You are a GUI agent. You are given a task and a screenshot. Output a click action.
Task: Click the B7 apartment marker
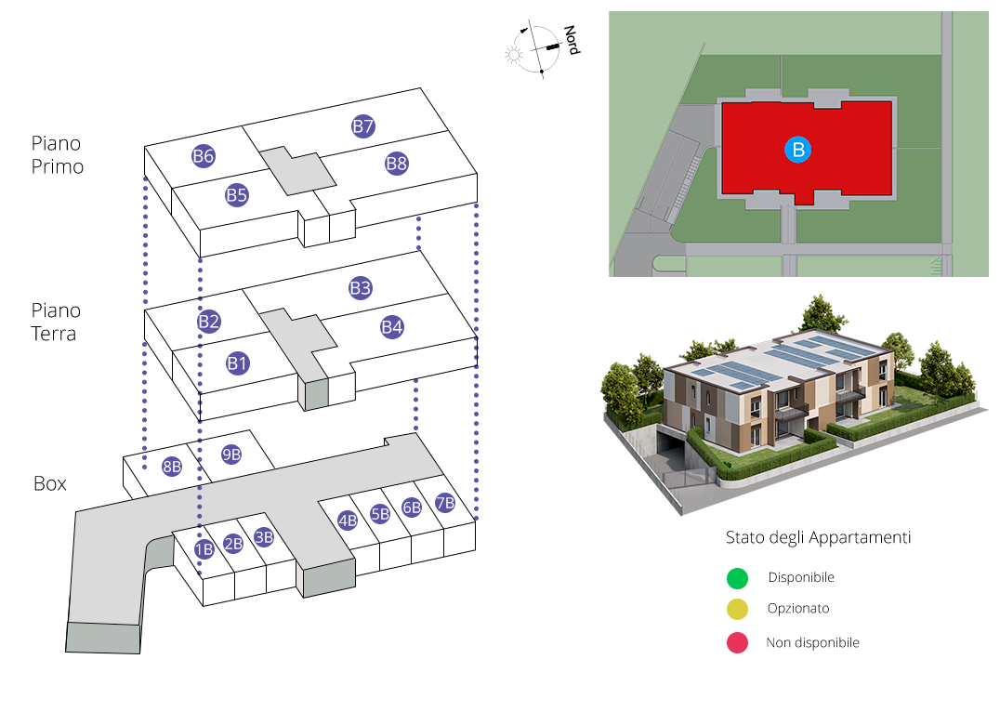tap(362, 126)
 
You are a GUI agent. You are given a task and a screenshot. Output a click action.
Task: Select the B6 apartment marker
tap(204, 156)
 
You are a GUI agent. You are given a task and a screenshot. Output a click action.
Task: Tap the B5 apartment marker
tap(237, 195)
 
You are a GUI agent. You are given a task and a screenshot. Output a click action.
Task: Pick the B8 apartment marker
tap(397, 165)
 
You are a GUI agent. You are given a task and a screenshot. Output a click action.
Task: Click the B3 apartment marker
tap(361, 288)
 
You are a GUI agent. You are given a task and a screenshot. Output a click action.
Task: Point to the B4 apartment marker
tap(392, 327)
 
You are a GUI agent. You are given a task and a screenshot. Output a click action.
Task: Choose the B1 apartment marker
tap(238, 363)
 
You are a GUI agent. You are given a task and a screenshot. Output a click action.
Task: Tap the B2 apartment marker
tap(209, 323)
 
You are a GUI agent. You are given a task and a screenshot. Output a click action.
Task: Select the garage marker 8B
tap(172, 467)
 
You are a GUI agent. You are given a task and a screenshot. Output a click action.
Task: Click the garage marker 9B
tap(231, 455)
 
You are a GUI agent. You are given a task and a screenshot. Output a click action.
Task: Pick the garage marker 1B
tap(204, 548)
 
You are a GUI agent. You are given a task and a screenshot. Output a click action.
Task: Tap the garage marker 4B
tap(348, 521)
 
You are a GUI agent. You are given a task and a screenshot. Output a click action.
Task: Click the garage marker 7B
tap(444, 503)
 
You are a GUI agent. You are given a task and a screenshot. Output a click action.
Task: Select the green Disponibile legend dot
tap(737, 578)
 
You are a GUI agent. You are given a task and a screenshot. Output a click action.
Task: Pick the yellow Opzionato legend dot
tap(737, 610)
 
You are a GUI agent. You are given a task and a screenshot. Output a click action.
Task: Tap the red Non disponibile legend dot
tap(737, 642)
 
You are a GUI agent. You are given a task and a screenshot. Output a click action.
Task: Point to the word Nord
tap(571, 40)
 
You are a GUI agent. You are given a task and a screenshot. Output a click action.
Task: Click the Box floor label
tap(50, 484)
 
